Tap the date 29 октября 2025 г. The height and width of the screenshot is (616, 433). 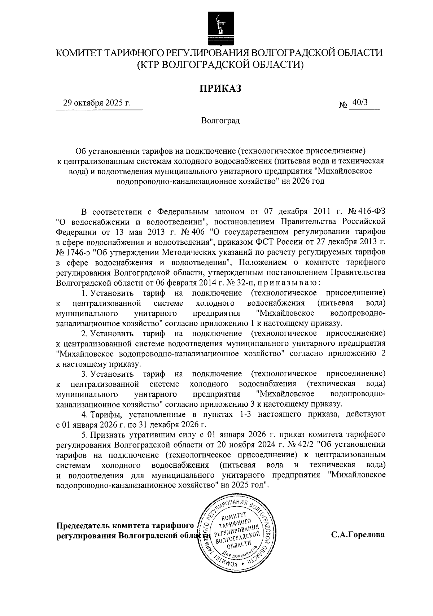pyautogui.click(x=97, y=103)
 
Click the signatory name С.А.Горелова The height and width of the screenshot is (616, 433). pyautogui.click(x=358, y=535)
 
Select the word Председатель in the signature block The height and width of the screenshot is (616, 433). pyautogui.click(x=83, y=525)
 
